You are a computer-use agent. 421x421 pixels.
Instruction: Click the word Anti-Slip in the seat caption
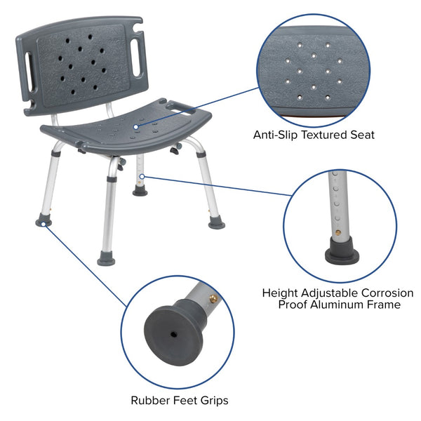[x=274, y=133]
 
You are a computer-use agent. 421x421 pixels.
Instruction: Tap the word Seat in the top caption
[x=360, y=133]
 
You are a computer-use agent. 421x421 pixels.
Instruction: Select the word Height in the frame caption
[x=281, y=293]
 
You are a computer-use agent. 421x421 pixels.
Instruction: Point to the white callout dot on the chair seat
[x=135, y=126]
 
